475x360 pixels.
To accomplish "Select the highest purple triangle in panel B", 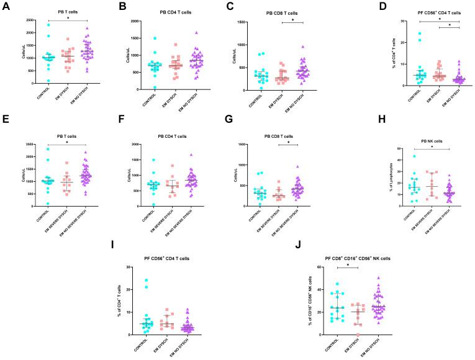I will coord(196,33).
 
